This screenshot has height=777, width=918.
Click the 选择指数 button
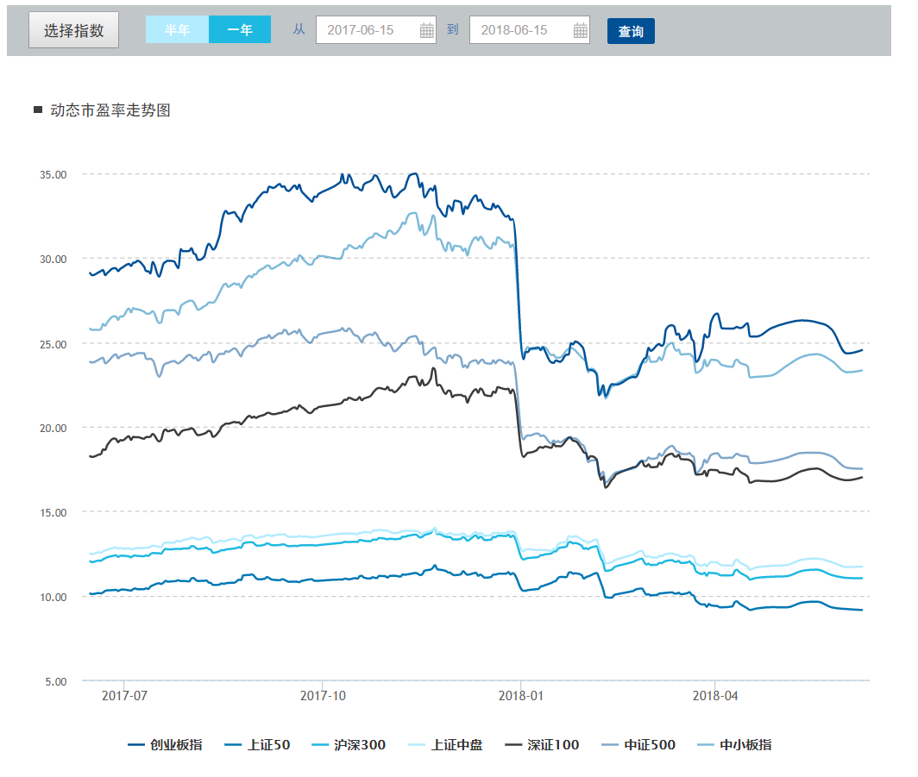(x=74, y=30)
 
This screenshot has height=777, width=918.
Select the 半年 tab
(x=177, y=29)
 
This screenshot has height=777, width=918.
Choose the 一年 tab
(x=240, y=29)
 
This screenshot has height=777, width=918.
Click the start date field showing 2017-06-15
(x=376, y=30)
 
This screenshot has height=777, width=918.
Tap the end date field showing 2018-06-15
(x=529, y=30)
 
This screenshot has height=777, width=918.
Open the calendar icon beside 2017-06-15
(x=427, y=30)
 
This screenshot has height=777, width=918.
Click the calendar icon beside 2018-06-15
(x=580, y=30)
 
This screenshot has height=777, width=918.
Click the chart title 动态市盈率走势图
(x=110, y=110)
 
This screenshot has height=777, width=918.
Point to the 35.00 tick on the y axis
(x=53, y=174)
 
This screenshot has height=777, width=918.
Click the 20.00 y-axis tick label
(x=53, y=428)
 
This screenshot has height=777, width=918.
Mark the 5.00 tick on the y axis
(x=56, y=681)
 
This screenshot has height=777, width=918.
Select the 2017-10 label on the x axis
(x=323, y=696)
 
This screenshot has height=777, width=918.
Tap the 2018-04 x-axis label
(x=715, y=696)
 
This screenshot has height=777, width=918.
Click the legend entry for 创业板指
(x=165, y=745)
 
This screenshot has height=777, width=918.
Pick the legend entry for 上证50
(x=257, y=745)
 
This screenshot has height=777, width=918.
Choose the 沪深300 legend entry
(x=349, y=745)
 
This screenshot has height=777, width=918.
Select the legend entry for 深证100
(x=542, y=745)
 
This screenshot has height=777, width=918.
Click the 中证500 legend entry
(x=638, y=745)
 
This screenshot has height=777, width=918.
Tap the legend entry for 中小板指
(x=735, y=745)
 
